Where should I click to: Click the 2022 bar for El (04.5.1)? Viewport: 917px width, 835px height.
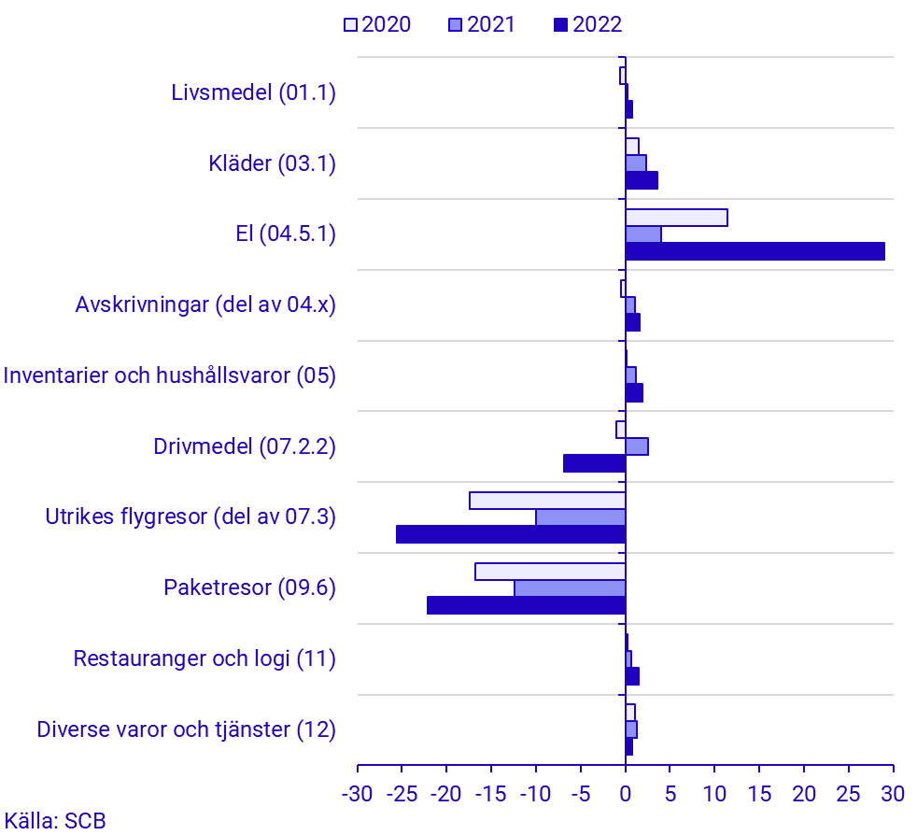click(755, 251)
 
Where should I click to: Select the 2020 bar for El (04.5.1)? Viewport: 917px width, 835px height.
click(676, 218)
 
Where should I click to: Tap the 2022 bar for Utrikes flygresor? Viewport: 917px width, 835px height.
click(511, 534)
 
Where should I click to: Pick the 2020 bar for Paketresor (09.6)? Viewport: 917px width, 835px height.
click(550, 572)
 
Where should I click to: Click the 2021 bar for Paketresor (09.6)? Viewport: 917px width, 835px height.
click(570, 588)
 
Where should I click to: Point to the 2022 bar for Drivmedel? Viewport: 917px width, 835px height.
click(594, 463)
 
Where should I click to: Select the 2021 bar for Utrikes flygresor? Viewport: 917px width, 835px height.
click(580, 517)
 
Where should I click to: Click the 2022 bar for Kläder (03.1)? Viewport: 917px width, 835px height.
click(642, 180)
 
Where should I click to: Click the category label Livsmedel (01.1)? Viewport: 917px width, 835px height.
click(253, 92)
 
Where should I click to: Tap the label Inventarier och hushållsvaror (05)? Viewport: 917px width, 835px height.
click(169, 375)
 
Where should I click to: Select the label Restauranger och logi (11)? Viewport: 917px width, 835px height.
click(205, 658)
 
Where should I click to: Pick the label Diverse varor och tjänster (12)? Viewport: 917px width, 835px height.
click(186, 729)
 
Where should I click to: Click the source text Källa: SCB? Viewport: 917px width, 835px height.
click(54, 821)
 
